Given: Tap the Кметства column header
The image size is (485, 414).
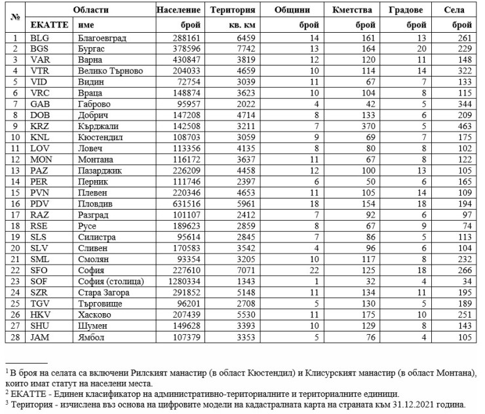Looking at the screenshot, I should pyautogui.click(x=352, y=10).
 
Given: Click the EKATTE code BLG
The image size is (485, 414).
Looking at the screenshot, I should pyautogui.click(x=39, y=38).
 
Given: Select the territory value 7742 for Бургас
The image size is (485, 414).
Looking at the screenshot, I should pyautogui.click(x=235, y=49).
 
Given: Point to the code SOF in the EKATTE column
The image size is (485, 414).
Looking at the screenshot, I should pyautogui.click(x=39, y=281).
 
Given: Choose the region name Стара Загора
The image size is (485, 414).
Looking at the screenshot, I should pyautogui.click(x=103, y=292).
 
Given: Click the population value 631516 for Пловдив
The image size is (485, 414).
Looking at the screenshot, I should pyautogui.click(x=186, y=203).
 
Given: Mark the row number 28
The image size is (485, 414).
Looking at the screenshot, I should pyautogui.click(x=14, y=336).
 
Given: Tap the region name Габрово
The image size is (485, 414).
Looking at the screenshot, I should pyautogui.click(x=94, y=104).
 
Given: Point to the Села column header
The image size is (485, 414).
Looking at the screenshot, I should pyautogui.click(x=454, y=10).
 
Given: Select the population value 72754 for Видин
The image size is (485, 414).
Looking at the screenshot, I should pyautogui.click(x=188, y=82).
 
